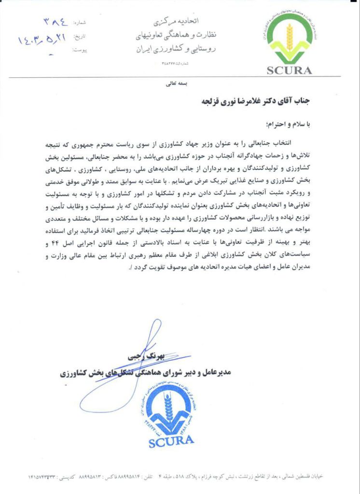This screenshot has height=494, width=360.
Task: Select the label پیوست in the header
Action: [x=84, y=49]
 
